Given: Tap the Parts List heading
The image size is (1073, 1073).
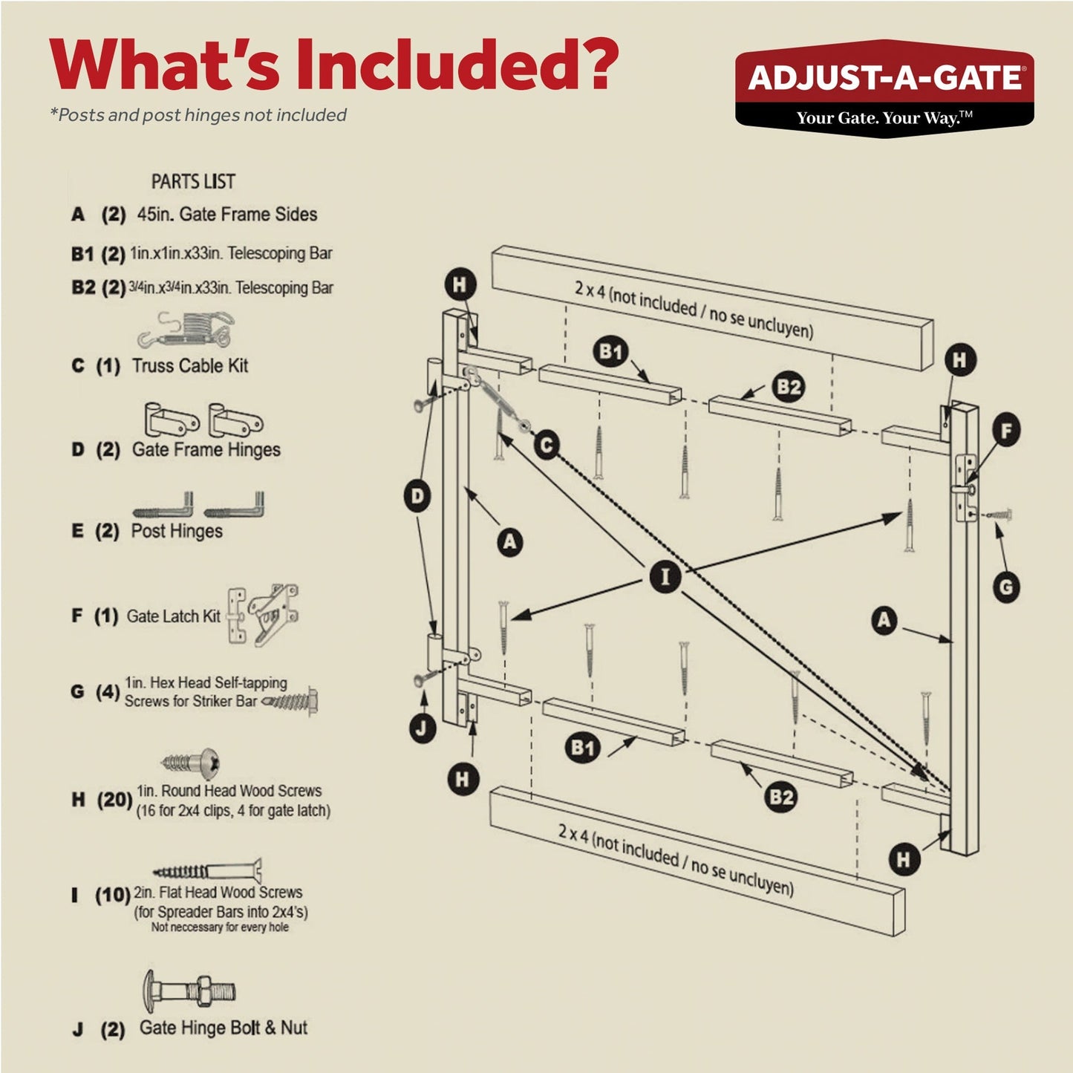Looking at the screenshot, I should (x=193, y=181).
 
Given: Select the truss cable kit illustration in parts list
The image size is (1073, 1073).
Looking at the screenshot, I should (x=186, y=330).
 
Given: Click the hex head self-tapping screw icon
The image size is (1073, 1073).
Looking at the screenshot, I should (x=292, y=700).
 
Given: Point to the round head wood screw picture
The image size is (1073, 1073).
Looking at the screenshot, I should (x=192, y=763).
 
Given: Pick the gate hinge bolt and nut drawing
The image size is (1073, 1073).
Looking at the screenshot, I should (x=189, y=991).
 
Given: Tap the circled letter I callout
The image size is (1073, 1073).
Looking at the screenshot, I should (x=665, y=577).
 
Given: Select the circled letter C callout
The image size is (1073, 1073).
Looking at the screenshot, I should (x=547, y=446).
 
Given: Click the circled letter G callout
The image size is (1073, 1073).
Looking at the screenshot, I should (x=1006, y=588).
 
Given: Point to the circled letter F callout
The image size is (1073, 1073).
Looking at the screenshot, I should (x=1006, y=431).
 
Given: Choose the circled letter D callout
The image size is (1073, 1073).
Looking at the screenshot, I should (x=418, y=496).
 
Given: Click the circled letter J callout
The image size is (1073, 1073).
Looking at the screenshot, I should (x=422, y=728).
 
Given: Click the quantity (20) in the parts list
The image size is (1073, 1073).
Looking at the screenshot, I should (x=114, y=800).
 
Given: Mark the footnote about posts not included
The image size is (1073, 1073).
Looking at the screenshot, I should (x=198, y=115).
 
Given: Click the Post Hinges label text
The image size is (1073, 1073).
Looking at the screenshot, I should (x=177, y=531).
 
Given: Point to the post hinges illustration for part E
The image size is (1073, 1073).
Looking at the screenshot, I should (x=198, y=504).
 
